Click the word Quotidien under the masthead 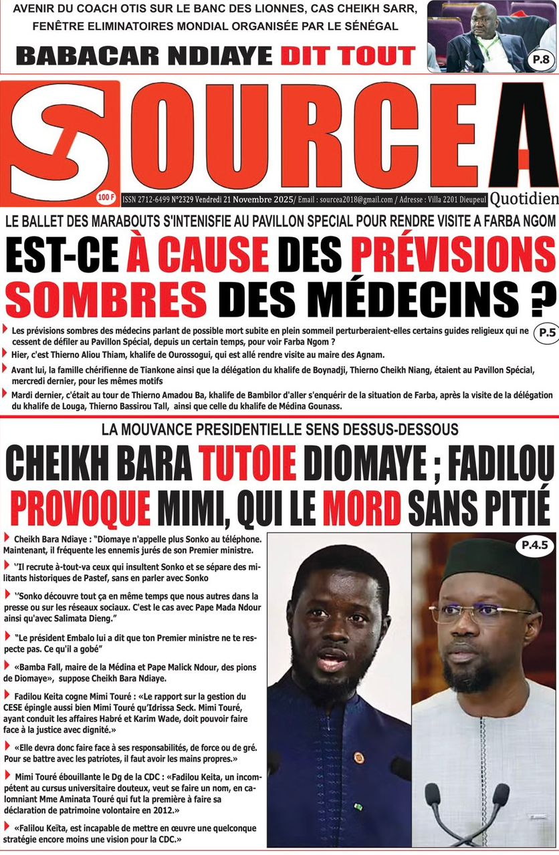[524, 198]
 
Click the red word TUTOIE [247, 464]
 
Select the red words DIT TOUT [348, 55]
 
